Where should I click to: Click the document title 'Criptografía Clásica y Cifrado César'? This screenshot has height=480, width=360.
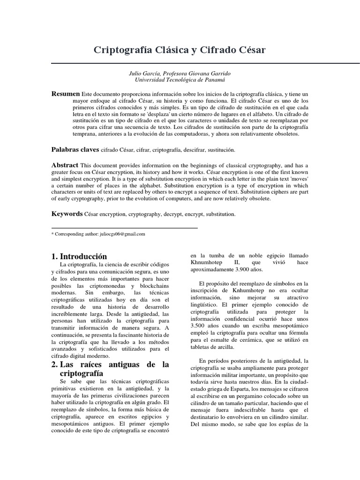[x=180, y=50]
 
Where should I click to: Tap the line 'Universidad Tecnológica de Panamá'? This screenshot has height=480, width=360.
[x=180, y=81]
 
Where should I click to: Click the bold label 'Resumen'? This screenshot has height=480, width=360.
[x=65, y=94]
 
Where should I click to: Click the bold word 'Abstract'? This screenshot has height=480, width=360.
[x=65, y=165]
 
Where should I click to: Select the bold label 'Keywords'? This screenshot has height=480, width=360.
[x=67, y=214]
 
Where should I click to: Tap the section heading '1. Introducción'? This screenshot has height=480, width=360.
[x=79, y=256]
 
